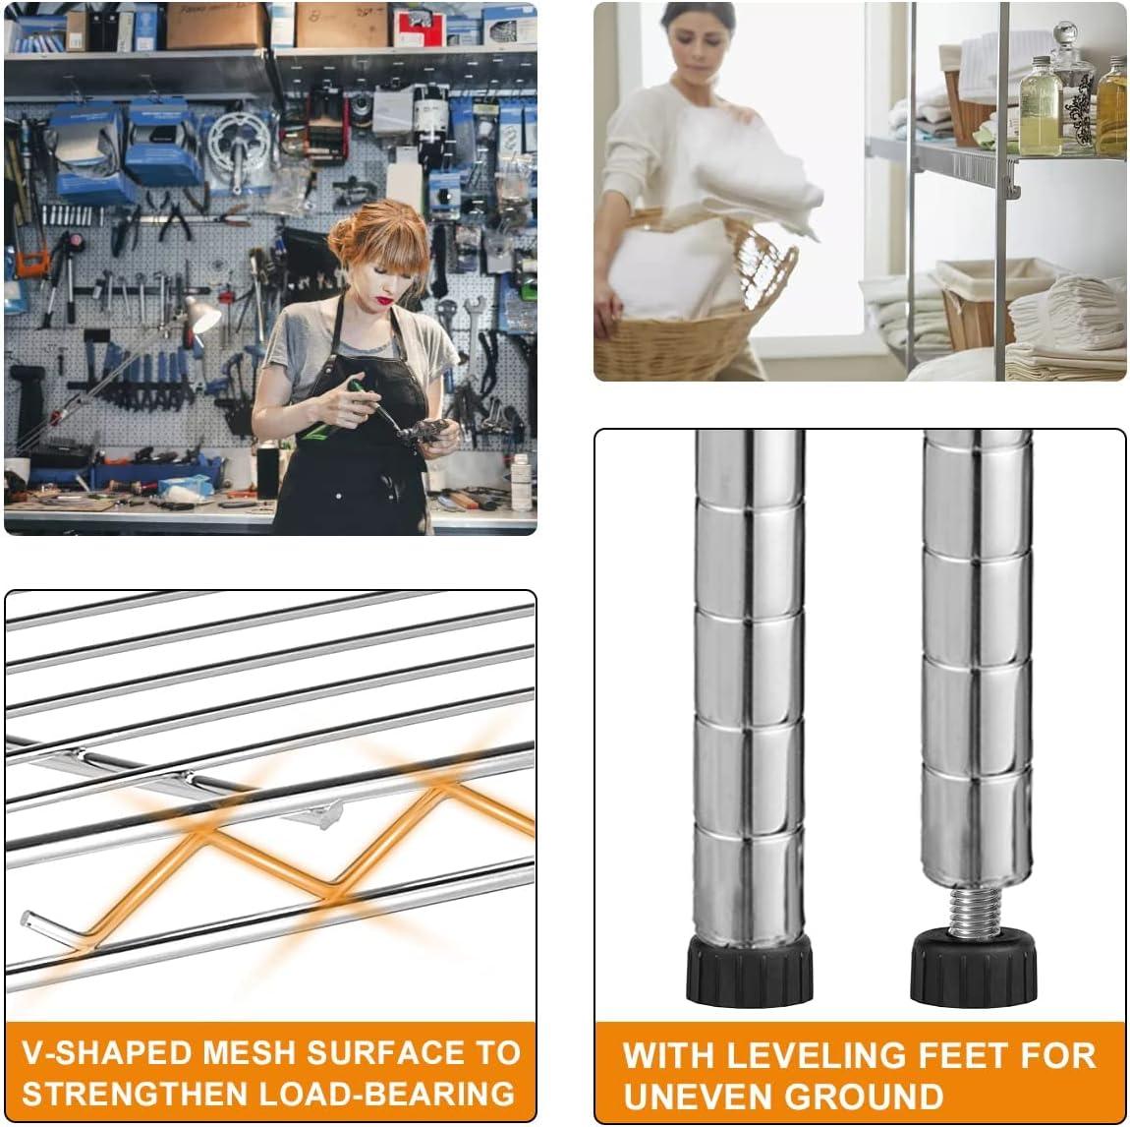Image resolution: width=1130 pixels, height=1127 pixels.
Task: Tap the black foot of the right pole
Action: [x=975, y=970]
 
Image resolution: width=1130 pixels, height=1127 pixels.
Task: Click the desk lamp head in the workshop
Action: [x=202, y=315]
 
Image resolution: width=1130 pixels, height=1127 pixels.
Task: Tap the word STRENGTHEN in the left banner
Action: [x=136, y=1092]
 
